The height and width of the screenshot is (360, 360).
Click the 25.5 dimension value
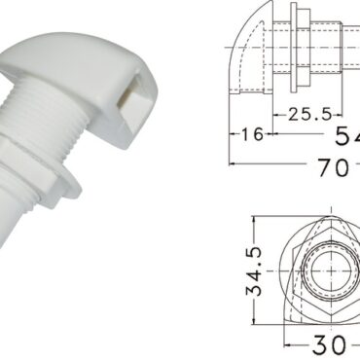coord(306,115)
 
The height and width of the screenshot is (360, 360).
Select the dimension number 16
coord(252,134)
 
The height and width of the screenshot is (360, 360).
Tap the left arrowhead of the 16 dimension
coord(233,134)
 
